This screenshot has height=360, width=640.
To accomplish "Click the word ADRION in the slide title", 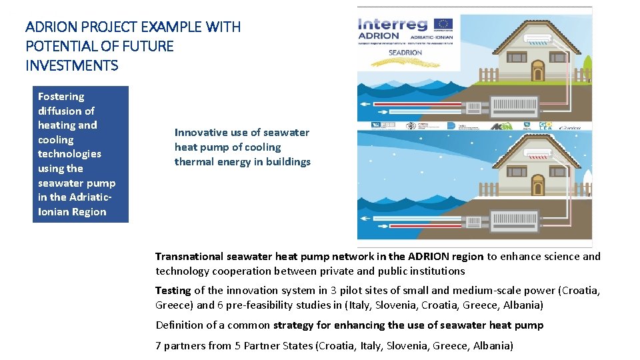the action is tap(49, 27).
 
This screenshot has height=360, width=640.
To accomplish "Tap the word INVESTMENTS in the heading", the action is tap(71, 65).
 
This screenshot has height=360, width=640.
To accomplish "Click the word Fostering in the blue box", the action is tap(61, 97).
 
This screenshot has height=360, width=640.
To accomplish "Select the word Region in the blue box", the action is tap(90, 212).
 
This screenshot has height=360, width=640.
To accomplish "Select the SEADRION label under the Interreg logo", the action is tap(405, 52).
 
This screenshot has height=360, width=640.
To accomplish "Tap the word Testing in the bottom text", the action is tap(173, 291).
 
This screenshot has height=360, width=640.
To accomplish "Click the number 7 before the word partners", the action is tap(159, 346).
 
